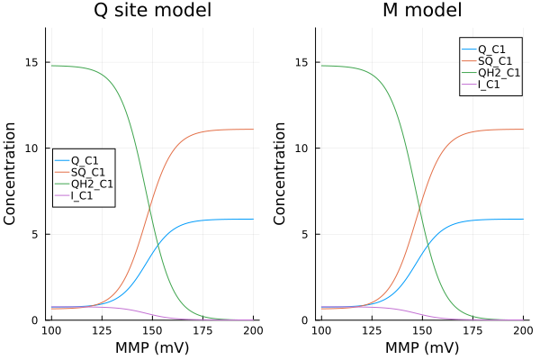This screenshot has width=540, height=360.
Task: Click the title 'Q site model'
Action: (153, 12)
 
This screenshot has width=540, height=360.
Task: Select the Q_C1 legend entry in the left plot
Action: (87, 157)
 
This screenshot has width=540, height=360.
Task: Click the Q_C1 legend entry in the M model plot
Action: (495, 48)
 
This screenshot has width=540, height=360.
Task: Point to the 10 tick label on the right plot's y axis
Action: (301, 148)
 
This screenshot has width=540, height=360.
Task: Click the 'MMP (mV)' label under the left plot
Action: (153, 348)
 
